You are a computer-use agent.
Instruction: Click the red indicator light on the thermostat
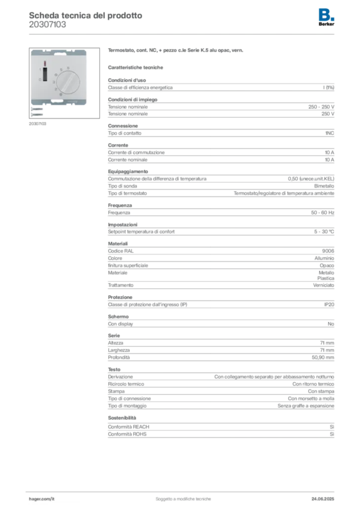pos(44,64)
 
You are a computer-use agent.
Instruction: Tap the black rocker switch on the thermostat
pos(44,75)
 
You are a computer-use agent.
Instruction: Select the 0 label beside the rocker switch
pos(39,80)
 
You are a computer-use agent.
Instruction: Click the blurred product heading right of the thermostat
pos(177,51)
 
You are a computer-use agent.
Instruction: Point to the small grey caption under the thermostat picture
pos(37,124)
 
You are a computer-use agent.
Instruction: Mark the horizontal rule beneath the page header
pos(183,33)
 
